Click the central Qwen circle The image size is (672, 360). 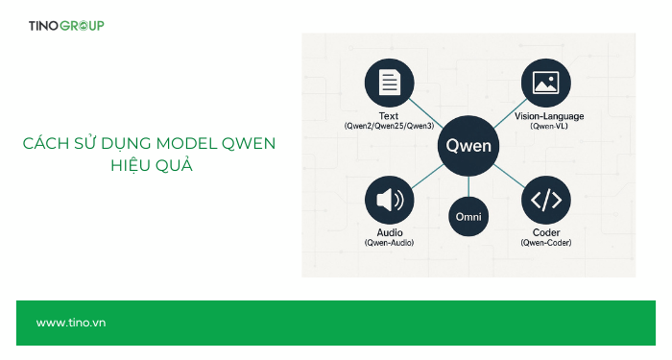pyautogui.click(x=468, y=146)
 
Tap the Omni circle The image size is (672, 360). pyautogui.click(x=468, y=217)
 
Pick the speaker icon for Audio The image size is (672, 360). pyautogui.click(x=389, y=200)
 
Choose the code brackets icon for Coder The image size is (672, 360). pyautogui.click(x=545, y=200)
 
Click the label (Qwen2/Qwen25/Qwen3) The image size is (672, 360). pyautogui.click(x=389, y=126)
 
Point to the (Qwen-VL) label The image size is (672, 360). pyautogui.click(x=545, y=126)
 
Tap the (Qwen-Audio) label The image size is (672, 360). pyautogui.click(x=389, y=243)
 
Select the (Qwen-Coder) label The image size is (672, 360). pyautogui.click(x=545, y=243)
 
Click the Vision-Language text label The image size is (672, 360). pyautogui.click(x=545, y=115)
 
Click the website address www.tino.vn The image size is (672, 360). pyautogui.click(x=71, y=323)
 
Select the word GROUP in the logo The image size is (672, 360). pyautogui.click(x=83, y=25)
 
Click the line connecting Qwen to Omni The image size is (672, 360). pyautogui.click(x=468, y=185)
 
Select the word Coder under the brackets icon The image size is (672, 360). pyautogui.click(x=545, y=232)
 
